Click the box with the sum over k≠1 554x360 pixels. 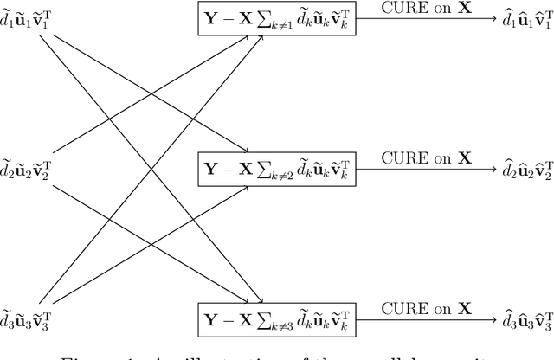[278, 19]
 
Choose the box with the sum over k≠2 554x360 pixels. [278, 166]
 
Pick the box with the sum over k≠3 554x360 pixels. [278, 313]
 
